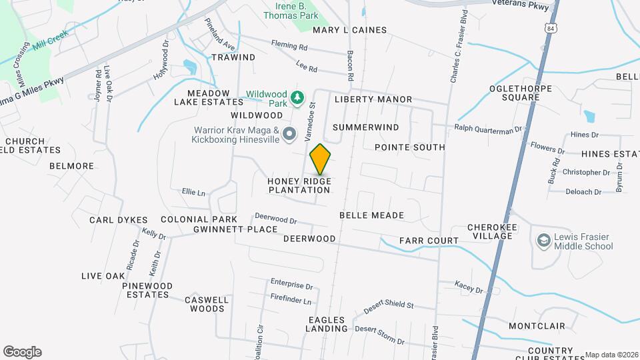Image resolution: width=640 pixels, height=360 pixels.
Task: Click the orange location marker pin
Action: (x=321, y=159)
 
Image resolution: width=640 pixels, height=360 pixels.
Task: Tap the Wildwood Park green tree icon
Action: (x=297, y=99)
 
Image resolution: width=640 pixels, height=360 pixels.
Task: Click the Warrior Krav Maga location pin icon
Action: (x=289, y=135)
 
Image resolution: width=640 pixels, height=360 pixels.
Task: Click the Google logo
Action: (x=22, y=351)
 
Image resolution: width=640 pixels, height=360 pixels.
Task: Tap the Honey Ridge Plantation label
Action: (x=299, y=185)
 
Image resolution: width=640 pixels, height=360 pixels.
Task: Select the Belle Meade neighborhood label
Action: (x=371, y=215)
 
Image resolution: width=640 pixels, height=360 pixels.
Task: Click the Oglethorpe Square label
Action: (x=523, y=92)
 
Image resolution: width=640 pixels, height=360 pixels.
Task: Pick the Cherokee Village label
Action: (x=493, y=232)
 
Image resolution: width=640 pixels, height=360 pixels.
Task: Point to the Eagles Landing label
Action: (x=327, y=323)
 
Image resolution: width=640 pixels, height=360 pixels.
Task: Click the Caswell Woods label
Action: (x=207, y=304)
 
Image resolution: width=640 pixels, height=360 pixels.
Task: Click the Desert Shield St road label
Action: (x=389, y=307)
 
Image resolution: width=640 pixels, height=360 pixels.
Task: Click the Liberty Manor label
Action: (x=373, y=99)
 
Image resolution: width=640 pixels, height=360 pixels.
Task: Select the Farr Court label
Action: (x=429, y=241)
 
